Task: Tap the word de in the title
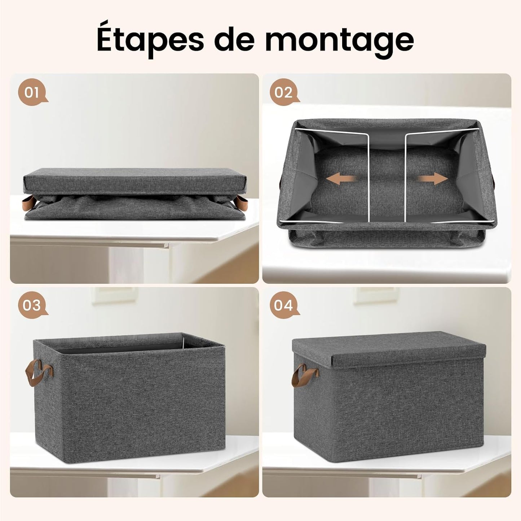(234, 38)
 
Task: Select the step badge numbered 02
(284, 92)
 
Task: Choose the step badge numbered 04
(284, 305)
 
